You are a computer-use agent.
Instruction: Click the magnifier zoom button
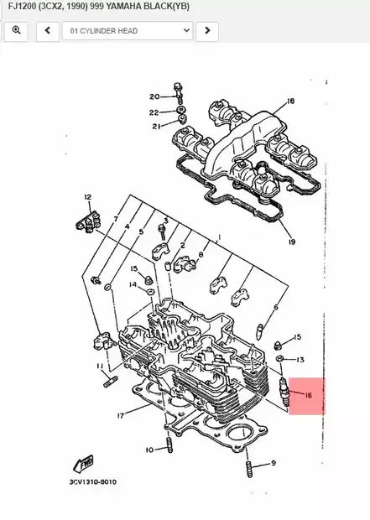pyautogui.click(x=17, y=31)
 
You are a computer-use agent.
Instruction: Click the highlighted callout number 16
pyautogui.click(x=308, y=394)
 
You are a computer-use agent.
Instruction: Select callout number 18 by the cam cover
pyautogui.click(x=291, y=101)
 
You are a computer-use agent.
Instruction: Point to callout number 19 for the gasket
pyautogui.click(x=291, y=242)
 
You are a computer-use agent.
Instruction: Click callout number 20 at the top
pyautogui.click(x=154, y=96)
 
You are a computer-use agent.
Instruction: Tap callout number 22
pyautogui.click(x=154, y=112)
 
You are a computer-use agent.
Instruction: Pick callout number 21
pyautogui.click(x=155, y=127)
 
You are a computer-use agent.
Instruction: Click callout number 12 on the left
pyautogui.click(x=86, y=197)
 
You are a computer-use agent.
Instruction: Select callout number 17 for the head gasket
pyautogui.click(x=122, y=415)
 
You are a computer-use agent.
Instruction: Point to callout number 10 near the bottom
pyautogui.click(x=149, y=450)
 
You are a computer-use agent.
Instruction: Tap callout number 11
pyautogui.click(x=99, y=367)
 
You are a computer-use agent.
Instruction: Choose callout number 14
pyautogui.click(x=133, y=285)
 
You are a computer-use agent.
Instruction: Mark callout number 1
pyautogui.click(x=219, y=237)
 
